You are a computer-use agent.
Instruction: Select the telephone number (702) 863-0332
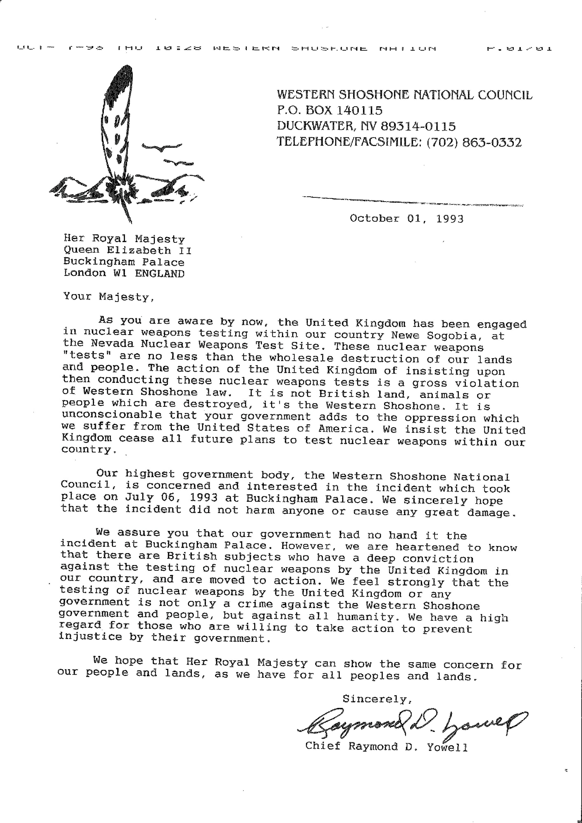point(474,143)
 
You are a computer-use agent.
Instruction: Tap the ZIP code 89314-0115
point(418,126)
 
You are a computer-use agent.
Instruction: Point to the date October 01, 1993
point(407,219)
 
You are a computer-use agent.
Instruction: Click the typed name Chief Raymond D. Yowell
point(386,747)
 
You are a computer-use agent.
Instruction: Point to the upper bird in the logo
point(161,147)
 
